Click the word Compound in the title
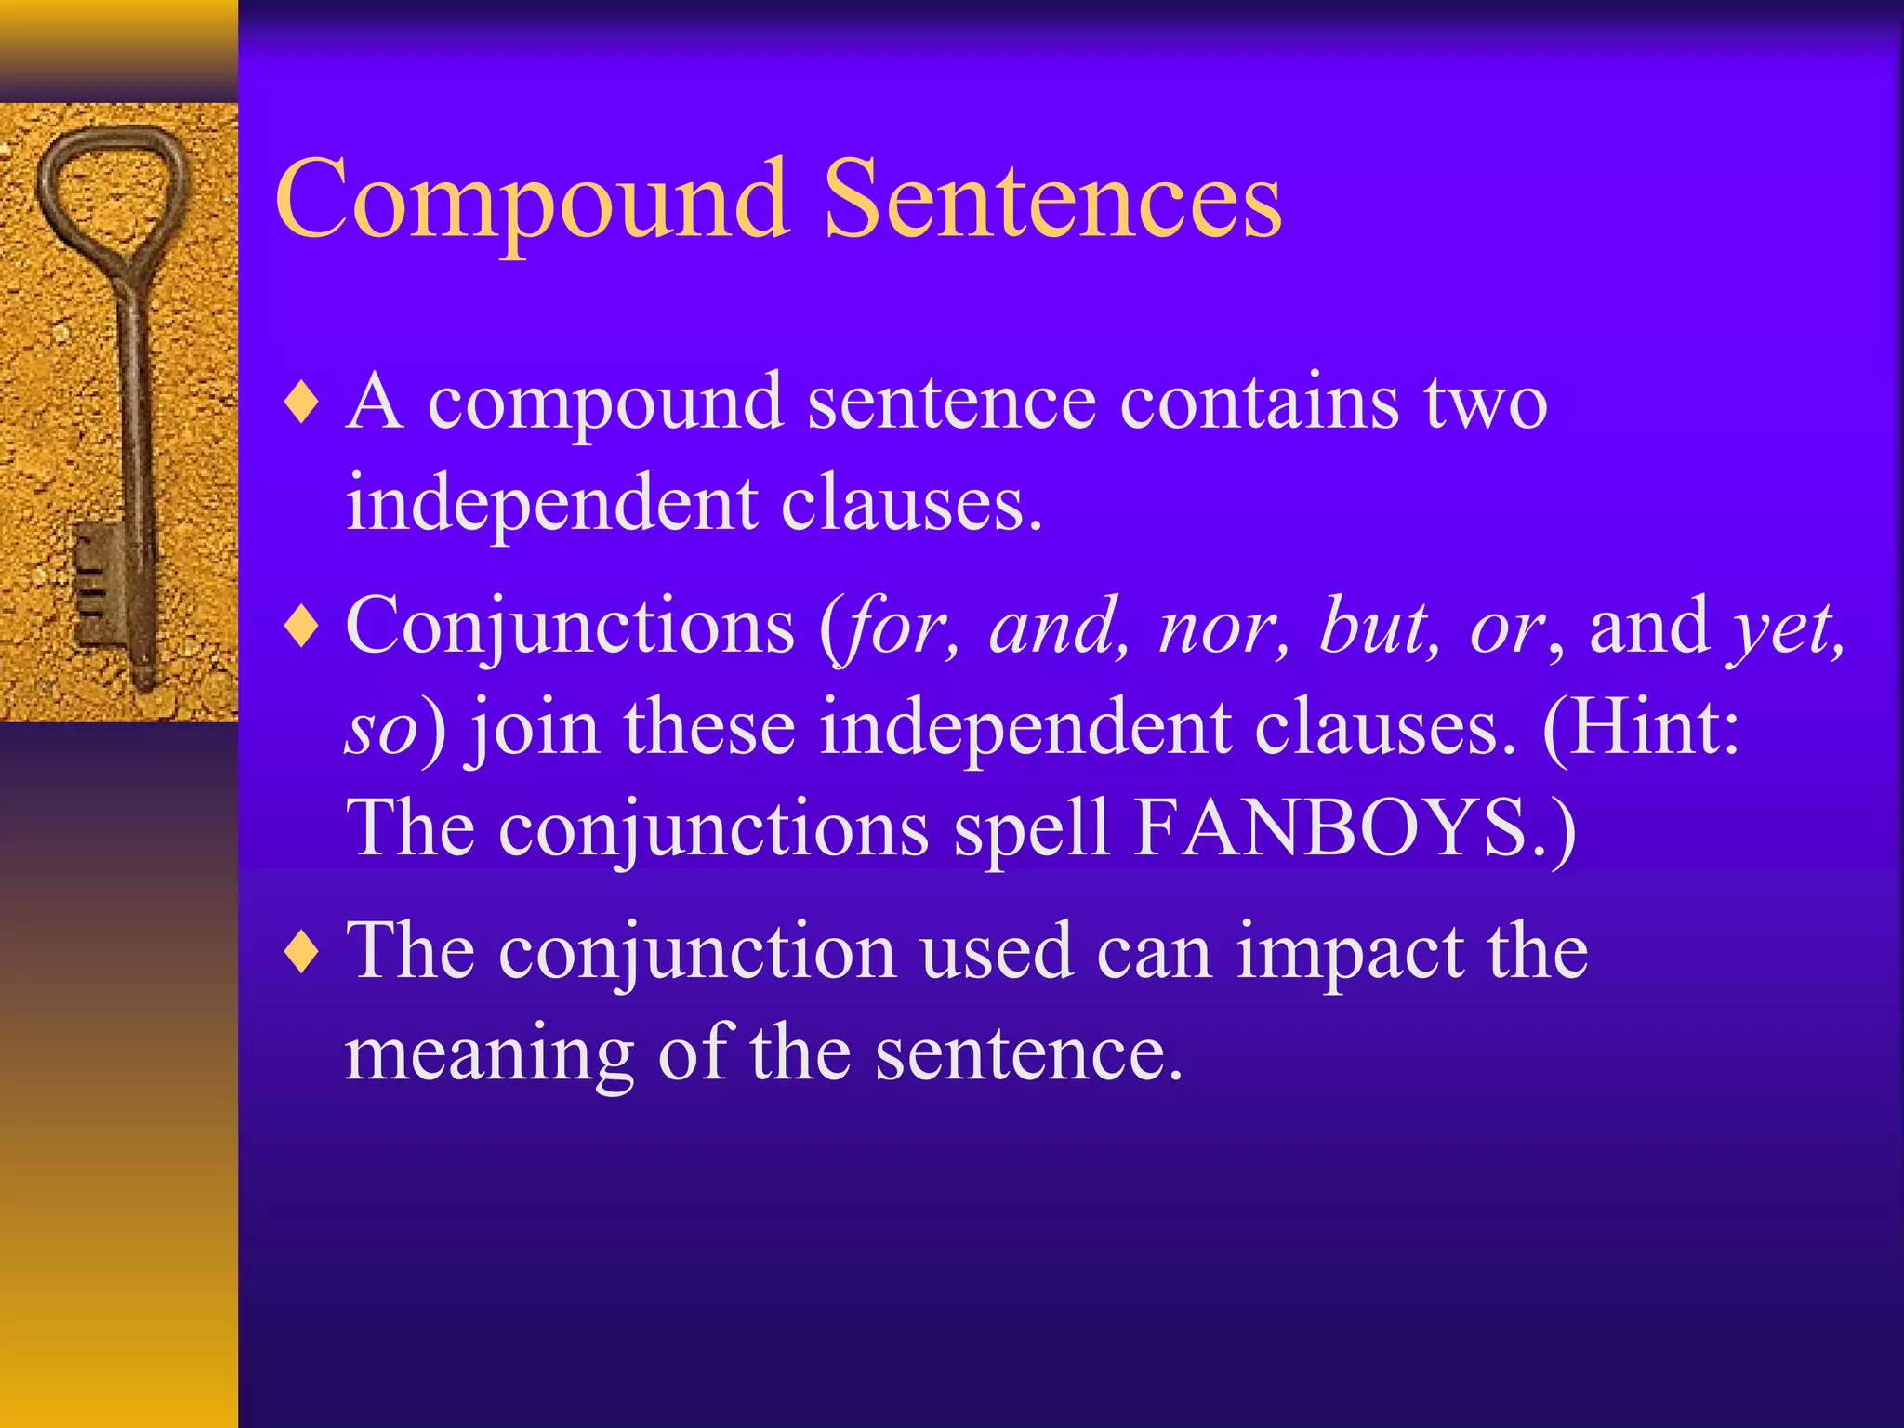(532, 200)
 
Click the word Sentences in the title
(1052, 200)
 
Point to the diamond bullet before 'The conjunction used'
(302, 953)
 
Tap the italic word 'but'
(1378, 627)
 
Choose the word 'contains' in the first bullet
(1259, 402)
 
